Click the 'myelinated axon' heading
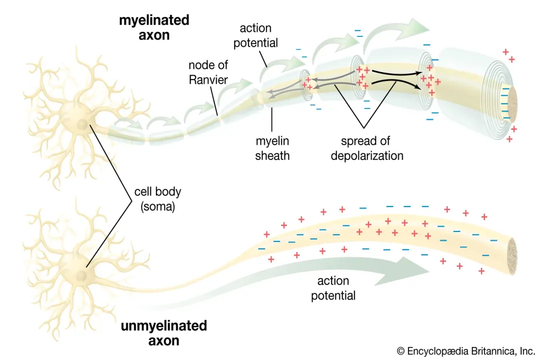pyautogui.click(x=154, y=27)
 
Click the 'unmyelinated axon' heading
pyautogui.click(x=163, y=333)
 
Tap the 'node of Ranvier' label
pyautogui.click(x=208, y=72)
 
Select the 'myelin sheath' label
pyautogui.click(x=272, y=148)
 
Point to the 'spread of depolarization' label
pyautogui.click(x=367, y=148)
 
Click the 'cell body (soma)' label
pyautogui.click(x=157, y=199)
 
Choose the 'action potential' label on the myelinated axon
pyautogui.click(x=255, y=35)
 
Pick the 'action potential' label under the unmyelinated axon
pyautogui.click(x=333, y=288)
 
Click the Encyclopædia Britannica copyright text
pyautogui.click(x=466, y=351)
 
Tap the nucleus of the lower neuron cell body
pyautogui.click(x=81, y=275)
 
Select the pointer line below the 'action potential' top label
pyautogui.click(x=264, y=58)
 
